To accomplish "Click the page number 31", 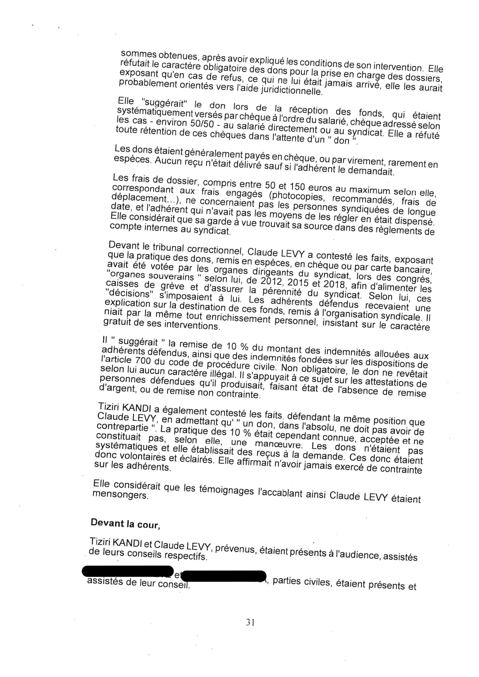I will click(250, 622).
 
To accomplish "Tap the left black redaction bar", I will click(128, 571).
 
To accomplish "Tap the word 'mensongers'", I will click(120, 495).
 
